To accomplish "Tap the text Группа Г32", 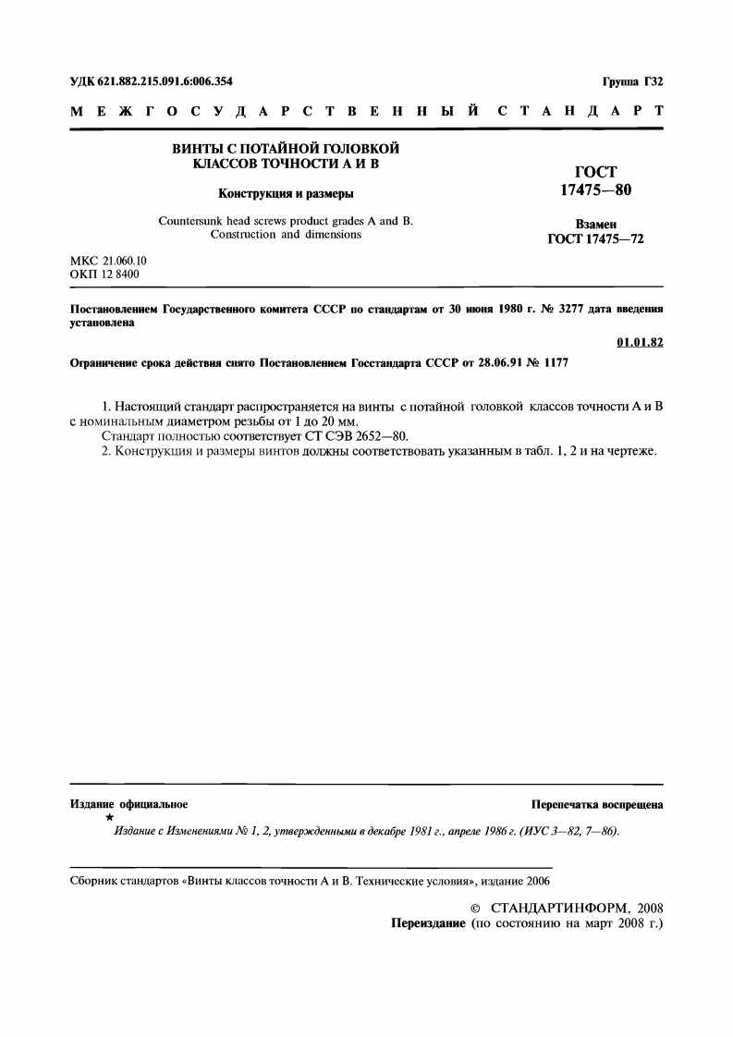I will pyautogui.click(x=632, y=81).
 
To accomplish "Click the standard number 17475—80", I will pyautogui.click(x=595, y=191).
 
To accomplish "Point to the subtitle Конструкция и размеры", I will pyautogui.click(x=286, y=193).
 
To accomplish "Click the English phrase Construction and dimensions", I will pyautogui.click(x=286, y=235).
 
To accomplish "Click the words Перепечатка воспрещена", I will pyautogui.click(x=597, y=805).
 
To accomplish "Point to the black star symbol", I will pyautogui.click(x=110, y=818).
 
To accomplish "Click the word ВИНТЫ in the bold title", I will pyautogui.click(x=195, y=148).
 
